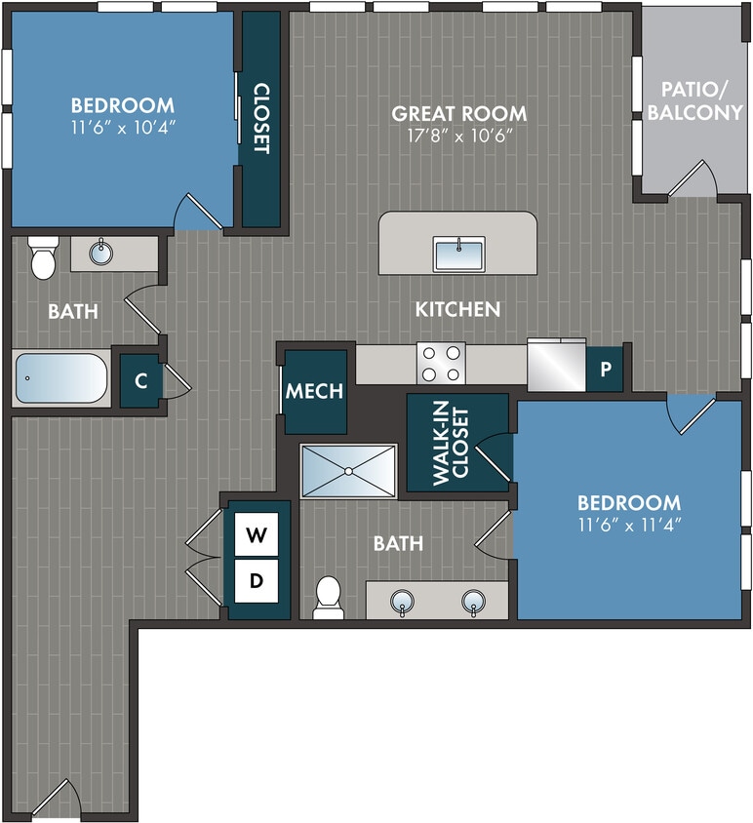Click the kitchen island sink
(458, 255)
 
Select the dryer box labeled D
(257, 581)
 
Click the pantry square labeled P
(605, 369)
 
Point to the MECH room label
(314, 392)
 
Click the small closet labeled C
(141, 381)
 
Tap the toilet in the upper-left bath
(42, 257)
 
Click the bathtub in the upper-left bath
(60, 378)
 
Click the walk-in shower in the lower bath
(348, 471)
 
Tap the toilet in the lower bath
(329, 597)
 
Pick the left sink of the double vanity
(402, 601)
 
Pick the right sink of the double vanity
(474, 601)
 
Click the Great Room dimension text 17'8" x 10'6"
(458, 136)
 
